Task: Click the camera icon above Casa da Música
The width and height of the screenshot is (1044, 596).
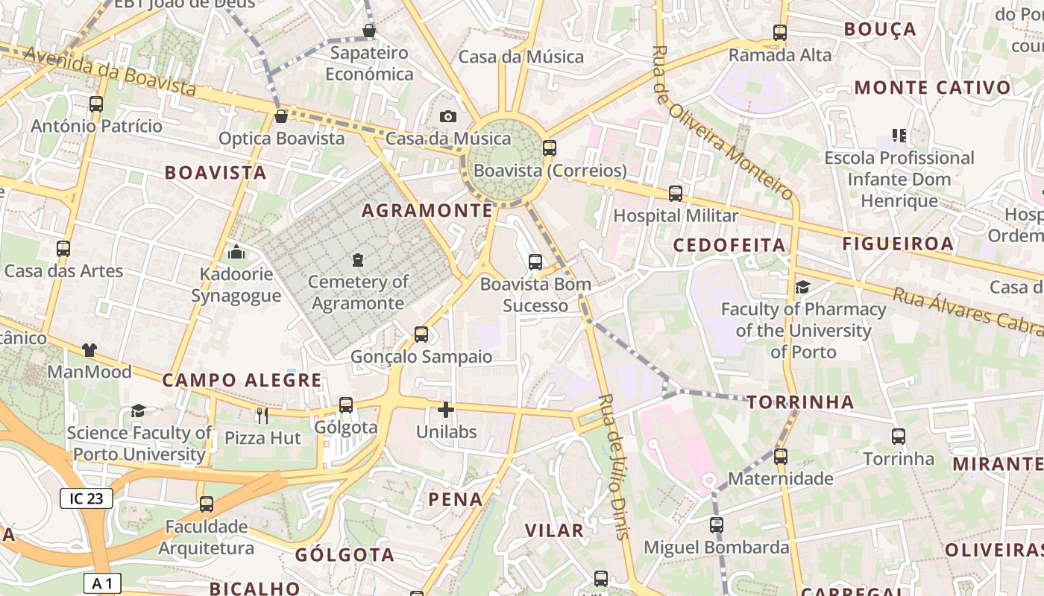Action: (447, 116)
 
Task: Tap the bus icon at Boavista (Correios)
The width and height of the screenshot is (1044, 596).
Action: (550, 148)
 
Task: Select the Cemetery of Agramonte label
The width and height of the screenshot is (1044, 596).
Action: (358, 293)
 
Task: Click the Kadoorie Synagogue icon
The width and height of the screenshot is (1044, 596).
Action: (236, 252)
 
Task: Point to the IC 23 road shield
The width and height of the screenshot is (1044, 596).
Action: (87, 498)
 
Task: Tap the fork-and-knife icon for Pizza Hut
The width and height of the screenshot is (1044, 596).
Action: (262, 416)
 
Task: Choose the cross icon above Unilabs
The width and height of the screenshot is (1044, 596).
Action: (446, 410)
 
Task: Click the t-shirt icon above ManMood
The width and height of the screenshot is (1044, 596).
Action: (89, 349)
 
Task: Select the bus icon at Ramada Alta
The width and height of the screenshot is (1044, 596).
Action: (780, 33)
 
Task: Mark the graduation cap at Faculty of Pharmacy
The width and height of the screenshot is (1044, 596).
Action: (802, 287)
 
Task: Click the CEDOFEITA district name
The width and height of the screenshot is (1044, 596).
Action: (729, 245)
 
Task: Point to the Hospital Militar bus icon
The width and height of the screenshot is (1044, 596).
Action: (676, 194)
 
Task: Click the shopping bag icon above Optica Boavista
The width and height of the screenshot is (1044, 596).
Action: (281, 116)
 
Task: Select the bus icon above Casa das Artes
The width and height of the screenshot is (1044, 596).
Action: (63, 249)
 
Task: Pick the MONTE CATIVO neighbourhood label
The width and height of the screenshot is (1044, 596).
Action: (932, 88)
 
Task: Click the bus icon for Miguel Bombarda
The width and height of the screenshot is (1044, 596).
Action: (717, 525)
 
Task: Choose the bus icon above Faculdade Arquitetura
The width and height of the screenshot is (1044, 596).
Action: (207, 504)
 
